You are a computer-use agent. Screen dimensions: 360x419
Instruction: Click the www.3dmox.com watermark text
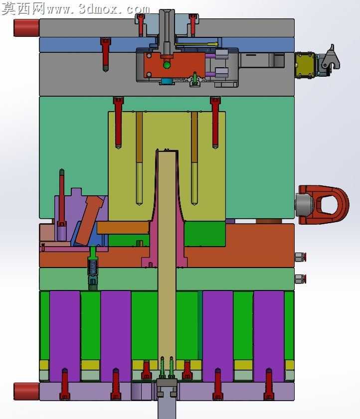(98, 9)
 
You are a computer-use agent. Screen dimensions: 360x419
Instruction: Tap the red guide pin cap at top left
(26, 28)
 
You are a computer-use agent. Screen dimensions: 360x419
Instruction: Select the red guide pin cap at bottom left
(26, 392)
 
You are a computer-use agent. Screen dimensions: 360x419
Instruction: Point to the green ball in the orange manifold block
(167, 65)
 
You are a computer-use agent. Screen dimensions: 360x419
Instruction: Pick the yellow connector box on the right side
(305, 65)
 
